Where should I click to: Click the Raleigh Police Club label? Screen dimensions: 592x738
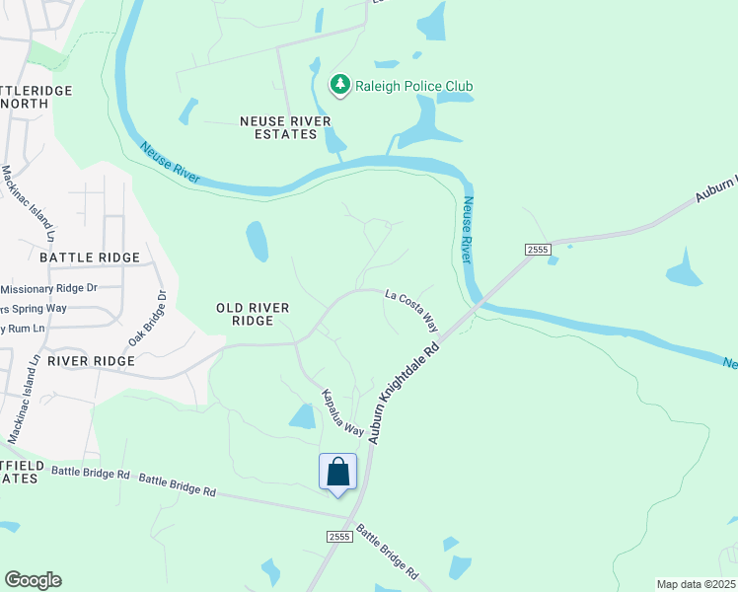click(414, 86)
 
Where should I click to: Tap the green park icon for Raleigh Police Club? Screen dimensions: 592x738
click(340, 85)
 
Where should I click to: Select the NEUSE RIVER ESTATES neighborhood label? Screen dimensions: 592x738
click(285, 127)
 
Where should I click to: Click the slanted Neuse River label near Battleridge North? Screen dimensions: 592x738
click(170, 164)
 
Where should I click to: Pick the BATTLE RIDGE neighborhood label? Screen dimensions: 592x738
click(90, 258)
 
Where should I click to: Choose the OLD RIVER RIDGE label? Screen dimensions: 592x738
click(253, 315)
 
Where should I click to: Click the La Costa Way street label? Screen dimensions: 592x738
click(411, 308)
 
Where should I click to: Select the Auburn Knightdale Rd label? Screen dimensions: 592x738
click(402, 393)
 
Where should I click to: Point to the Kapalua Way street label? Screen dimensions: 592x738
click(341, 413)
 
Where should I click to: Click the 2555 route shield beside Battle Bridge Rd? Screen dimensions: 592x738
click(338, 535)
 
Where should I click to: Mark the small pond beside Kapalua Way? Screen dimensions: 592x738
click(302, 416)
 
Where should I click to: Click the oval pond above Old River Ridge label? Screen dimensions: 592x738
click(257, 241)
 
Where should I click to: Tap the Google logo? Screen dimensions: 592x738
click(33, 580)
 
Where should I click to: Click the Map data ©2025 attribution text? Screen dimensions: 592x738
click(695, 584)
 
